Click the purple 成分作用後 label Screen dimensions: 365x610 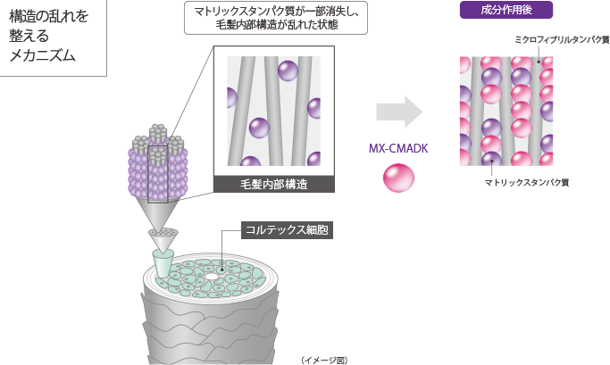506,11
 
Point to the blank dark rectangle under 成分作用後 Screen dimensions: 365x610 562,49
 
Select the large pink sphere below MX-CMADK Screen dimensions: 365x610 398,177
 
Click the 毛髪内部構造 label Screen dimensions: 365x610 272,185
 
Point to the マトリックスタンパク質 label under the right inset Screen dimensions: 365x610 527,182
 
